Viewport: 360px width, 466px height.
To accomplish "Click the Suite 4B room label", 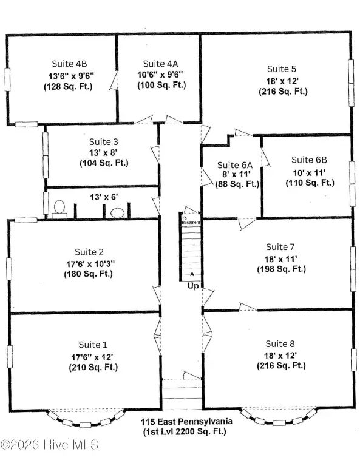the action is click(69, 64).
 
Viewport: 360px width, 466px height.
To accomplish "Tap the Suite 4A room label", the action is click(160, 64).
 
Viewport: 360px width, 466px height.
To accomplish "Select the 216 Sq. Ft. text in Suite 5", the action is click(283, 92).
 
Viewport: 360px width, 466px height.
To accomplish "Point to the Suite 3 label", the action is click(104, 142).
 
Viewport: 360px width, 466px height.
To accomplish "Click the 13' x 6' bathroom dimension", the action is click(104, 197).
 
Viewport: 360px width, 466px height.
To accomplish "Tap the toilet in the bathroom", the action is click(59, 209).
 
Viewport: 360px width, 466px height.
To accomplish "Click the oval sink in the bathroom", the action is click(117, 213).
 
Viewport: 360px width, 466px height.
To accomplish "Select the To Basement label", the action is click(191, 220).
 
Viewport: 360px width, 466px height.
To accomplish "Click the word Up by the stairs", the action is click(193, 286).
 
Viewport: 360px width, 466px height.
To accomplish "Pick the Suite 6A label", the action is click(235, 165).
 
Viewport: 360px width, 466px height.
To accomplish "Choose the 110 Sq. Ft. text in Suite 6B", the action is click(310, 183).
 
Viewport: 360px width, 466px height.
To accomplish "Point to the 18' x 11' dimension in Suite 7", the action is click(280, 259).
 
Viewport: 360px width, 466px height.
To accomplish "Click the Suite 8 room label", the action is click(280, 344).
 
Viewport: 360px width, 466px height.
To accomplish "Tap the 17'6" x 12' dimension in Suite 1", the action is click(92, 357).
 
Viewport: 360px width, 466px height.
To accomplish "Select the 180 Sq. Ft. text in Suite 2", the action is click(88, 274).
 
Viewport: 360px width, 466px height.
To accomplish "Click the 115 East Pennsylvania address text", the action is click(186, 422).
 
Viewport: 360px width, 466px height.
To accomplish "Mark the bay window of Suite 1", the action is click(86, 424).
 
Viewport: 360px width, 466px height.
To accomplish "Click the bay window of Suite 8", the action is click(279, 422).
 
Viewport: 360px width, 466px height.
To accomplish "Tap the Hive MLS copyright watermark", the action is click(49, 445).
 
